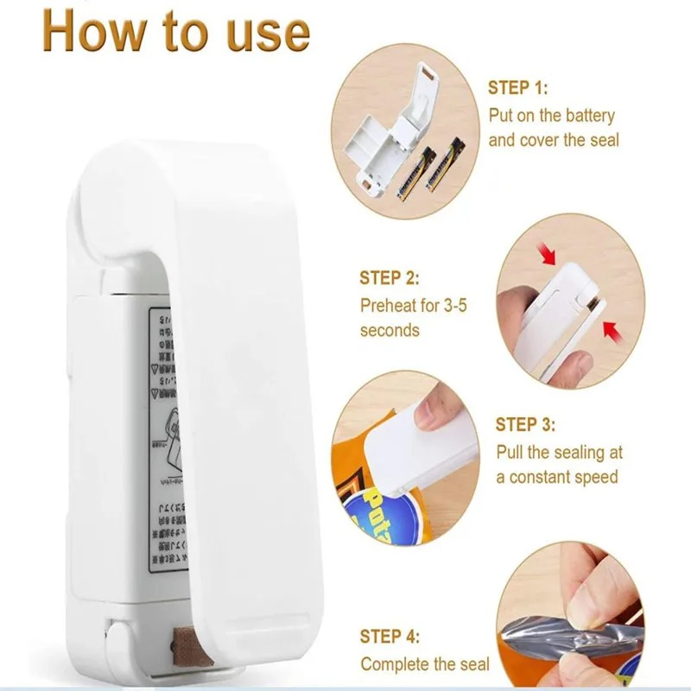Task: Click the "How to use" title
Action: pyautogui.click(x=175, y=33)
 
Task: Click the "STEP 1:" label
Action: pyautogui.click(x=518, y=88)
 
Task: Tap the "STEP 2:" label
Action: pyautogui.click(x=390, y=279)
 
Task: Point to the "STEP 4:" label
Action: pyautogui.click(x=390, y=638)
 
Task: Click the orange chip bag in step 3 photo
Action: pyautogui.click(x=363, y=484)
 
